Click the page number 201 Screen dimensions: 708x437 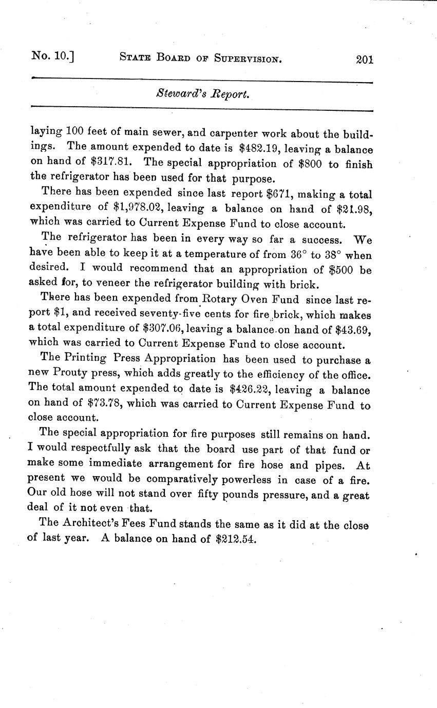click(x=364, y=59)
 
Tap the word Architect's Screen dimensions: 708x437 click(x=95, y=524)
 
